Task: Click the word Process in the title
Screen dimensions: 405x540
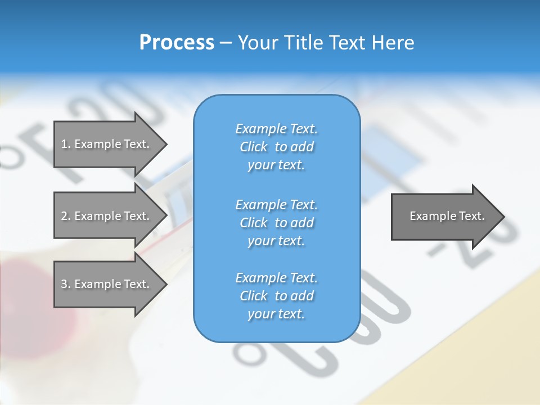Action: coord(177,43)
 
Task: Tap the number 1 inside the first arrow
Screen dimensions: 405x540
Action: coord(64,145)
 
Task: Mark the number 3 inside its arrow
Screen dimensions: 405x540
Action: coord(64,285)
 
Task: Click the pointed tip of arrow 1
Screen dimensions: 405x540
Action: coord(165,144)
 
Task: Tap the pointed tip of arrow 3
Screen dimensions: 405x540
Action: coord(165,284)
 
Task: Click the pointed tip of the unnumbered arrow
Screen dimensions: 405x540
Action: coord(503,216)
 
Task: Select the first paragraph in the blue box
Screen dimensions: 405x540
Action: coord(276,147)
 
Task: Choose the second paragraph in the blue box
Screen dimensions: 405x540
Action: coord(276,223)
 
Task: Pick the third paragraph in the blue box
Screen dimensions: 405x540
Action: coord(276,296)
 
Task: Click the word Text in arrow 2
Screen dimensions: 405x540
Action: coord(137,216)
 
